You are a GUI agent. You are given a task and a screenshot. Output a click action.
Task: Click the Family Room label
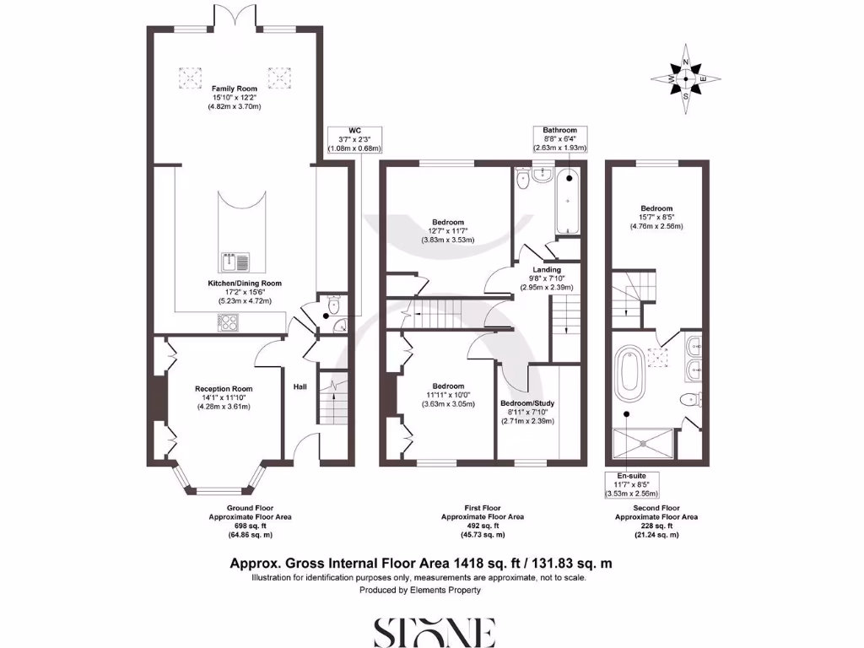[235, 89]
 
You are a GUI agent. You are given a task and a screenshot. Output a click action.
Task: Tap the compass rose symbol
[686, 80]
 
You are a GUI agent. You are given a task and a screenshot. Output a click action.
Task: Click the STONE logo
[433, 630]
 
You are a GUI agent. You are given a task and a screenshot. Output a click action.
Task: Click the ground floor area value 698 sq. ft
[249, 525]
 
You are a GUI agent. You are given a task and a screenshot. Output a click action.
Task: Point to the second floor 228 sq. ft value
[655, 525]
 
